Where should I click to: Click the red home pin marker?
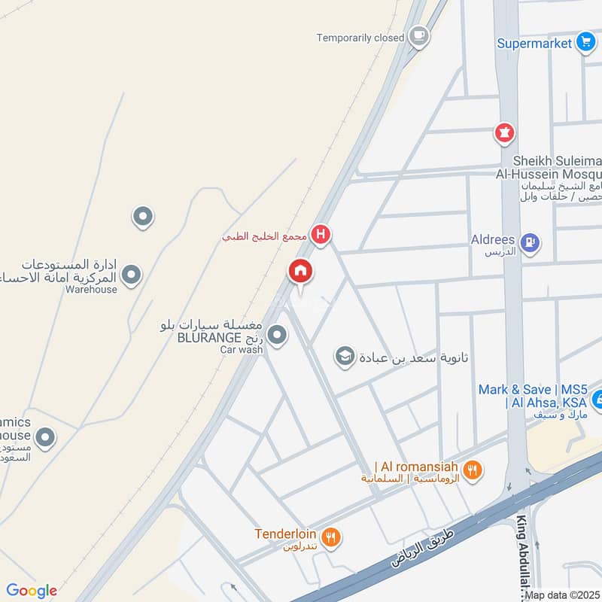tap(300, 271)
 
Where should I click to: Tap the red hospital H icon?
tap(321, 236)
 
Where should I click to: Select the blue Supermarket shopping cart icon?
tap(585, 43)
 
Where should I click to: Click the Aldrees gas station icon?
tap(530, 242)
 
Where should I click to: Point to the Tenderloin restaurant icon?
tap(330, 537)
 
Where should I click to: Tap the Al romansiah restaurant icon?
tap(472, 471)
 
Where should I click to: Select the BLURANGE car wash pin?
tap(278, 334)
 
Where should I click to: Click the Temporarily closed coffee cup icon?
tap(419, 35)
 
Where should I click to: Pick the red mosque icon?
tap(503, 134)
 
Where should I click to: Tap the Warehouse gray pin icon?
tap(132, 275)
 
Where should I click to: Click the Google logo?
tap(31, 591)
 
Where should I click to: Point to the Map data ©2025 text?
tap(563, 595)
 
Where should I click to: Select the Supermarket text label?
tap(534, 43)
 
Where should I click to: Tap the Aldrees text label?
tap(493, 239)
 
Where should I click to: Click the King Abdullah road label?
tap(522, 557)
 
